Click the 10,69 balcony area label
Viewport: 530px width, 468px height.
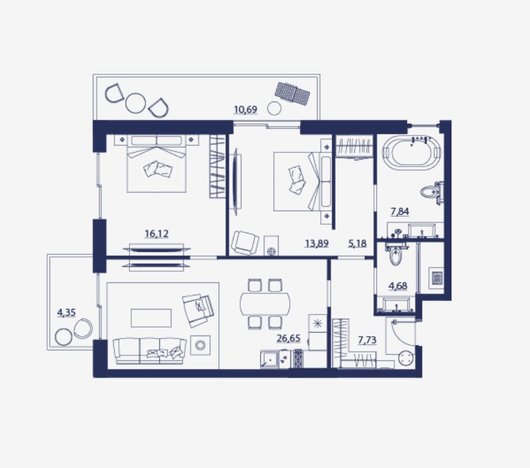[246, 110]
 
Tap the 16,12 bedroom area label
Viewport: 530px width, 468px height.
[157, 233]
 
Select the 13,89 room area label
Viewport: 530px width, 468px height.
[317, 243]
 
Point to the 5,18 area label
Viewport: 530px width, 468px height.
[357, 243]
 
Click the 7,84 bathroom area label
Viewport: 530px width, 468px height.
[400, 212]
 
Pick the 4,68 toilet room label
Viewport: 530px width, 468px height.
[398, 286]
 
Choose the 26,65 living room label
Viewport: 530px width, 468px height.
[289, 338]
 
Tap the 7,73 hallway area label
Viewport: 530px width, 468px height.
[367, 340]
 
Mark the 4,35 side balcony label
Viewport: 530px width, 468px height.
[66, 313]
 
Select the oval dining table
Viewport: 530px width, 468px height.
[265, 303]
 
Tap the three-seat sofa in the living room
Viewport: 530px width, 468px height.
[150, 352]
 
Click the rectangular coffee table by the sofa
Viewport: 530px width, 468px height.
[151, 318]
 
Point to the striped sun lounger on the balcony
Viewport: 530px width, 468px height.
[292, 92]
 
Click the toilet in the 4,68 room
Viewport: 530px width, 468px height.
[395, 256]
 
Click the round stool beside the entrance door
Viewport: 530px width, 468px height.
[406, 359]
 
